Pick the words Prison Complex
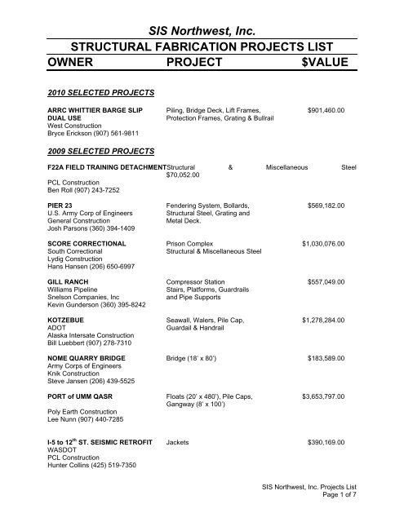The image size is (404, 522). (x=193, y=243)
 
